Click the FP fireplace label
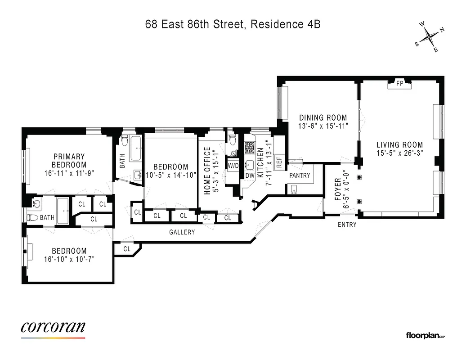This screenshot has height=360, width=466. [x=399, y=83]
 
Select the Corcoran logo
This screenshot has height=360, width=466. [x=53, y=328]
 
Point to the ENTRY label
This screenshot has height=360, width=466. [x=347, y=224]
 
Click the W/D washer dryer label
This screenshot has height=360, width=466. [x=233, y=165]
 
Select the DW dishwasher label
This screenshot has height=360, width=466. [x=250, y=175]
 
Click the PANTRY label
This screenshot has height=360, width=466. [x=300, y=175]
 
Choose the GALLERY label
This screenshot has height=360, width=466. [x=182, y=232]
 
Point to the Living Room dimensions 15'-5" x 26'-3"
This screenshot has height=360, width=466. [x=399, y=153]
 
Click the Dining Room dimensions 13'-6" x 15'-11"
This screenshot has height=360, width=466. [x=323, y=126]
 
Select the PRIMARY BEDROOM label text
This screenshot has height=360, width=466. [x=68, y=161]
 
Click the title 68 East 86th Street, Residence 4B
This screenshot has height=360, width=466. [x=233, y=24]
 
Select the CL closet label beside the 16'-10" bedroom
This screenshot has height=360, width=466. [x=127, y=248]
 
